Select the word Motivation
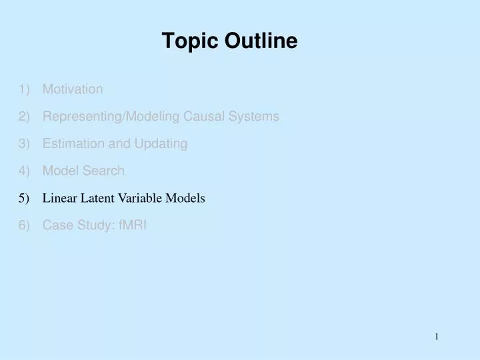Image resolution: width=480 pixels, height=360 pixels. coord(73,89)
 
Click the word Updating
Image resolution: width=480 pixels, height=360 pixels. coord(163,144)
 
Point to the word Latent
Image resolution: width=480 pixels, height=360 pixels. coord(97,198)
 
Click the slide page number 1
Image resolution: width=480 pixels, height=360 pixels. coord(437,337)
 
